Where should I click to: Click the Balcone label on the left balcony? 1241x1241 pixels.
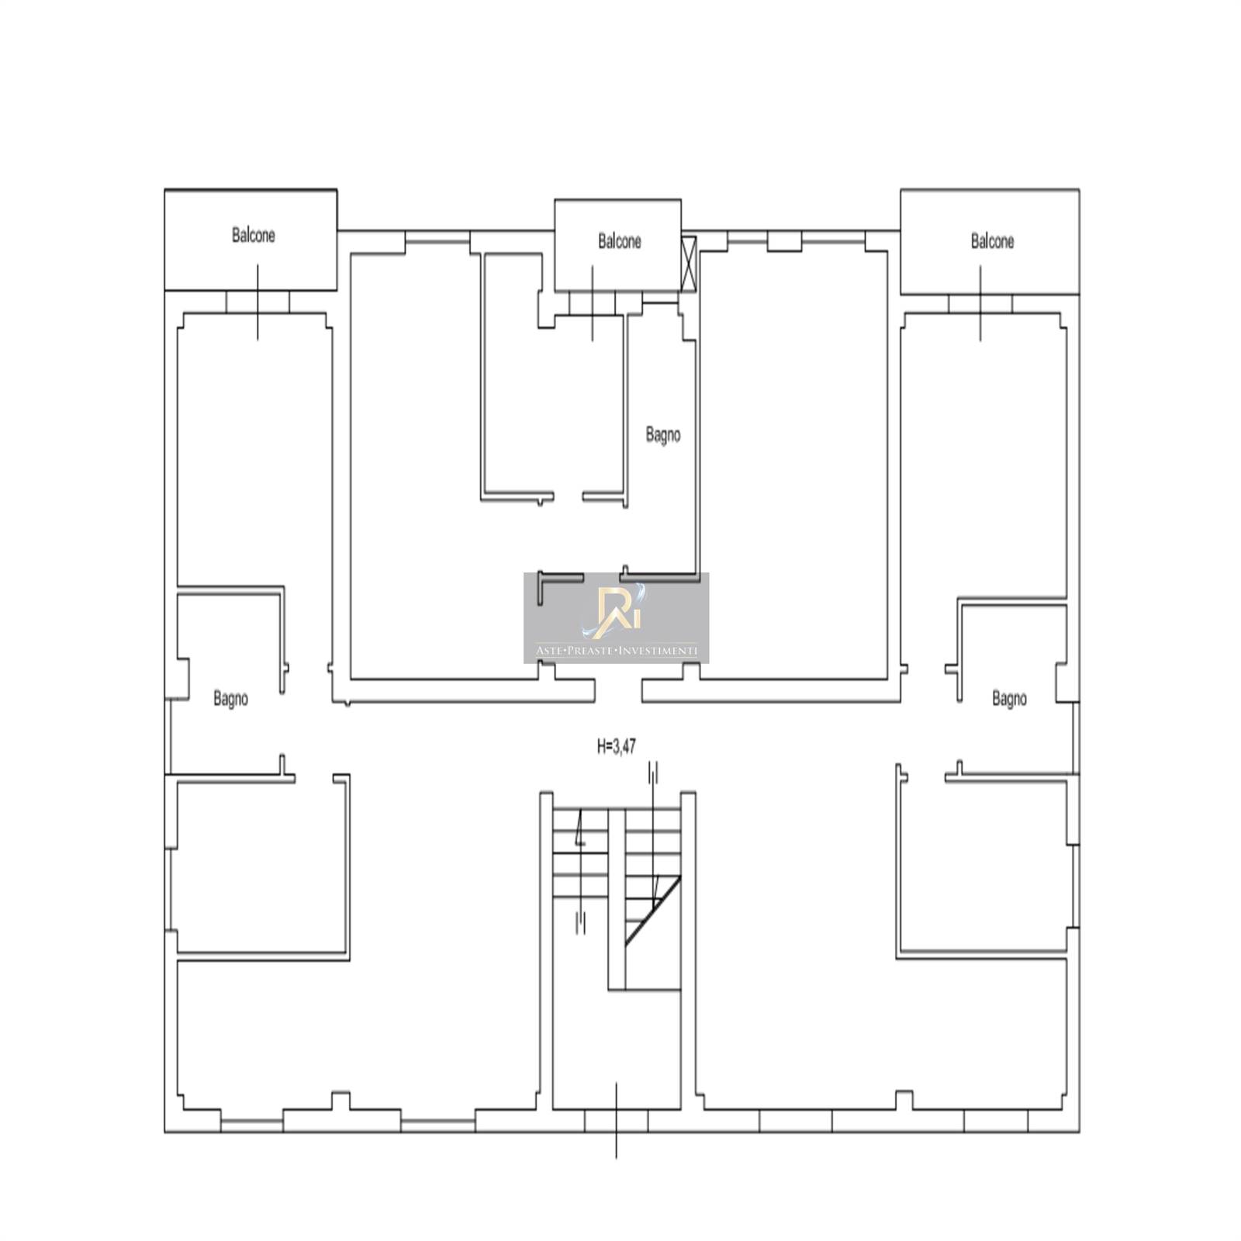pyautogui.click(x=253, y=234)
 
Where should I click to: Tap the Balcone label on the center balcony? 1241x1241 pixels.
pyautogui.click(x=619, y=241)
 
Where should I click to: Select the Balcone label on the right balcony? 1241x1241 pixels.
pyautogui.click(x=992, y=241)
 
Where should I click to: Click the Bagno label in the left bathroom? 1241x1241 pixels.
pyautogui.click(x=230, y=699)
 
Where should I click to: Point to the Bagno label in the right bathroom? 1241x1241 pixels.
pyautogui.click(x=1009, y=699)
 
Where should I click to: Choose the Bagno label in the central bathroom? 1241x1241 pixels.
pyautogui.click(x=663, y=435)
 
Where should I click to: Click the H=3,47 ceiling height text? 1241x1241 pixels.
pyautogui.click(x=617, y=747)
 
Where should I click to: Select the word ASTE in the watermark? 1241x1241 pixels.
pyautogui.click(x=548, y=651)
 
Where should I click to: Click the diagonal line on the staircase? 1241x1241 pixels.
pyautogui.click(x=653, y=911)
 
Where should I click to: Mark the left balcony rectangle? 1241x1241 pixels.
pyautogui.click(x=251, y=240)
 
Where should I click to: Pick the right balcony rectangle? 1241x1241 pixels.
pyautogui.click(x=990, y=242)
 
